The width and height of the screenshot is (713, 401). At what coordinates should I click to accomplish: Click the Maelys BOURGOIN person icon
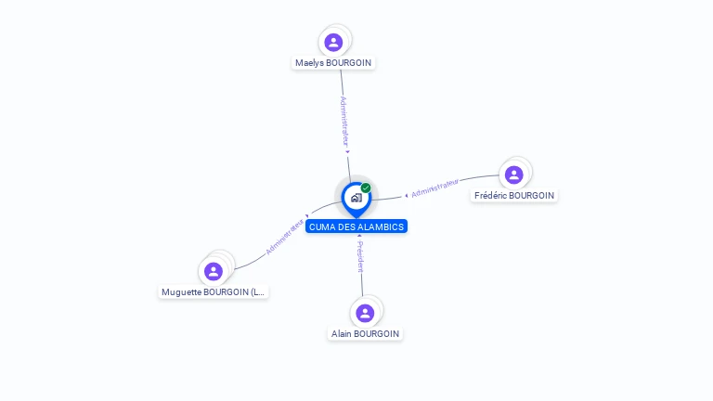[333, 42]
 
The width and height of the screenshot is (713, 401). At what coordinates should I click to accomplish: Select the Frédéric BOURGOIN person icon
[514, 175]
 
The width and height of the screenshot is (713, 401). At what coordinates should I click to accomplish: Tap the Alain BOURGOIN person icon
[365, 313]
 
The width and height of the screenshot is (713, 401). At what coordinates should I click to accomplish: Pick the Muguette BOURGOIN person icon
[214, 271]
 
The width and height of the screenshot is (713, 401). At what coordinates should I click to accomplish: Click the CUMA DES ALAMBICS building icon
[356, 198]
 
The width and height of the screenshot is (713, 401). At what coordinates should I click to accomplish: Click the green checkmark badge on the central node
[366, 188]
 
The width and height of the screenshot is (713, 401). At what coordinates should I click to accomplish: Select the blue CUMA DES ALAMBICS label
[356, 226]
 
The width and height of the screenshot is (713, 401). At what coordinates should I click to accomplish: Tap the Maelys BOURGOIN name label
[333, 63]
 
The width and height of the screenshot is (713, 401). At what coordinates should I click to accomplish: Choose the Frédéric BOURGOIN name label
[514, 196]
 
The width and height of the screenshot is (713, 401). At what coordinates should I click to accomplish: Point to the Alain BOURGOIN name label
[365, 334]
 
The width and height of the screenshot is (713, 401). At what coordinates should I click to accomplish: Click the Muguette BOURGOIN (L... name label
[214, 292]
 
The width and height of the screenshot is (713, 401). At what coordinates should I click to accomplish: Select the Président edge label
[360, 256]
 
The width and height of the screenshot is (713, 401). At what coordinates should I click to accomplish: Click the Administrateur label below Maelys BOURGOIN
[344, 121]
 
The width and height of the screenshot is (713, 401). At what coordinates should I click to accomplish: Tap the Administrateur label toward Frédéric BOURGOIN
[434, 188]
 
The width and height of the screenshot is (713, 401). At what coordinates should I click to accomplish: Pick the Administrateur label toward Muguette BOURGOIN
[284, 236]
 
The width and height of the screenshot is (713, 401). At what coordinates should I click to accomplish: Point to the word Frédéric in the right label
[490, 196]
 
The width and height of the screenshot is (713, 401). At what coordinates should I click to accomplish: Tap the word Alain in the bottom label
[342, 334]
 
